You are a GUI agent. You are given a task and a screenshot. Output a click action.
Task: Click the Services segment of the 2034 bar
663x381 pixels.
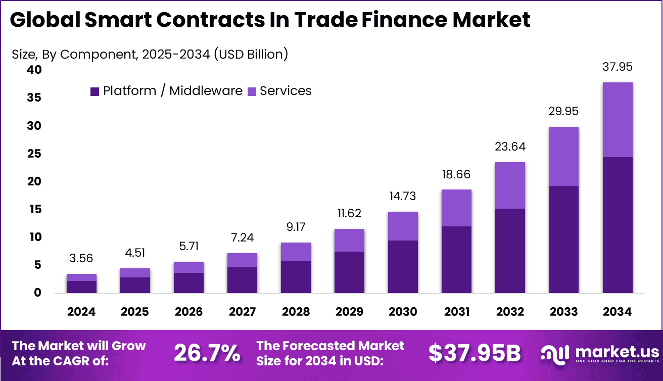[617, 120]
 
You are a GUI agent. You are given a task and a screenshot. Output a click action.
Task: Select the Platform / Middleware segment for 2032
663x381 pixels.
[510, 251]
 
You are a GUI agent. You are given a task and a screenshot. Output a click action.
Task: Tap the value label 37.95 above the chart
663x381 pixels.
[617, 67]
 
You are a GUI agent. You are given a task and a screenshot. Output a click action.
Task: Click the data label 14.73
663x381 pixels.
[403, 197]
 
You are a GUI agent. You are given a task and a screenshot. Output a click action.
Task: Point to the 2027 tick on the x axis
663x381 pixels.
[242, 312]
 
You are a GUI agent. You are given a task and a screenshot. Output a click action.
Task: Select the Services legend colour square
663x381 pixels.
[252, 91]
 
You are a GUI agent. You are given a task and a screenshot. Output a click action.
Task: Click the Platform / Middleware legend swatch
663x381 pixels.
[94, 91]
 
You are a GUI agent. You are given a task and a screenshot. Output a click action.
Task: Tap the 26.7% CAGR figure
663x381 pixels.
[207, 353]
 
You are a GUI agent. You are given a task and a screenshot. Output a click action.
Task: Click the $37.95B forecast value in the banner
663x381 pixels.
[474, 353]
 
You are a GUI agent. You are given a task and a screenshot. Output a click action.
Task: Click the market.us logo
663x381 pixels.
[599, 353]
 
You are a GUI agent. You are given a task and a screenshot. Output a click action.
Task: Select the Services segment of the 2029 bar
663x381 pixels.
[349, 240]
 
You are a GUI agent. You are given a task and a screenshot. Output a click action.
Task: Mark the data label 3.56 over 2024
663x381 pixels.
[81, 259]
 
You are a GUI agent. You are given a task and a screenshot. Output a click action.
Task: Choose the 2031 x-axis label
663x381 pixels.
[456, 312]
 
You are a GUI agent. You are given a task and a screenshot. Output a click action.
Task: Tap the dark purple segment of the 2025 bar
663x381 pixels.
[135, 285]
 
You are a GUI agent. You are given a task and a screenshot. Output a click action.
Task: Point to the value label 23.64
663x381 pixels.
[510, 147]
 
